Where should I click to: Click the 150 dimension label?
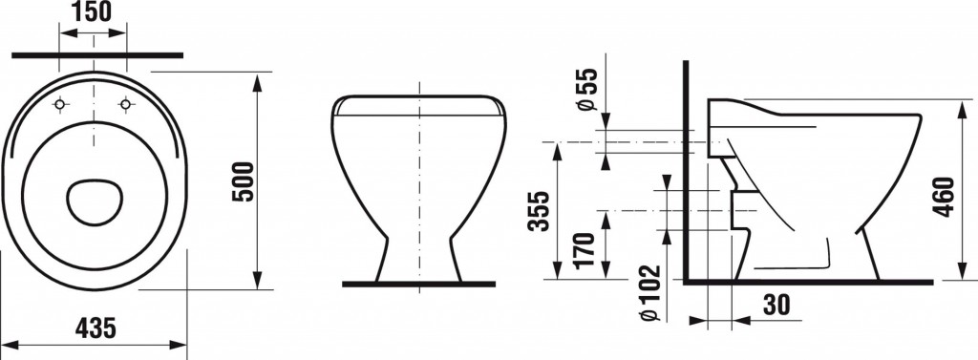[x=93, y=11]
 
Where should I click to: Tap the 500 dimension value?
[x=244, y=181]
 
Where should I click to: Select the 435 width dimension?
[x=96, y=328]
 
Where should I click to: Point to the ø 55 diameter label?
[x=587, y=89]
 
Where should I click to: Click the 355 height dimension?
[x=539, y=210]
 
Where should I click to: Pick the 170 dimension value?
[x=586, y=250]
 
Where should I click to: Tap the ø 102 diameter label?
[x=651, y=293]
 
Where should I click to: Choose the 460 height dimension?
[x=945, y=197]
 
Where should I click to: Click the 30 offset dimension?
[x=776, y=306]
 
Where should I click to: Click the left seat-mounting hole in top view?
[x=60, y=104]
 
